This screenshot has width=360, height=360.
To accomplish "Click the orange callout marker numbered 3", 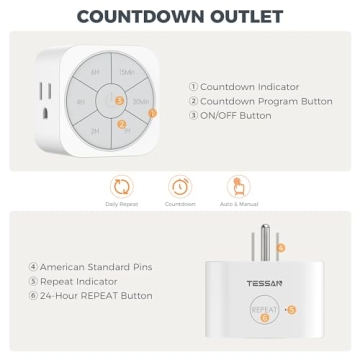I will pos(119,100).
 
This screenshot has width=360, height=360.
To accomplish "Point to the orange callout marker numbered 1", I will pos(152,113).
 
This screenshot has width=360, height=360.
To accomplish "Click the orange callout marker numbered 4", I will pos(281,246).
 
